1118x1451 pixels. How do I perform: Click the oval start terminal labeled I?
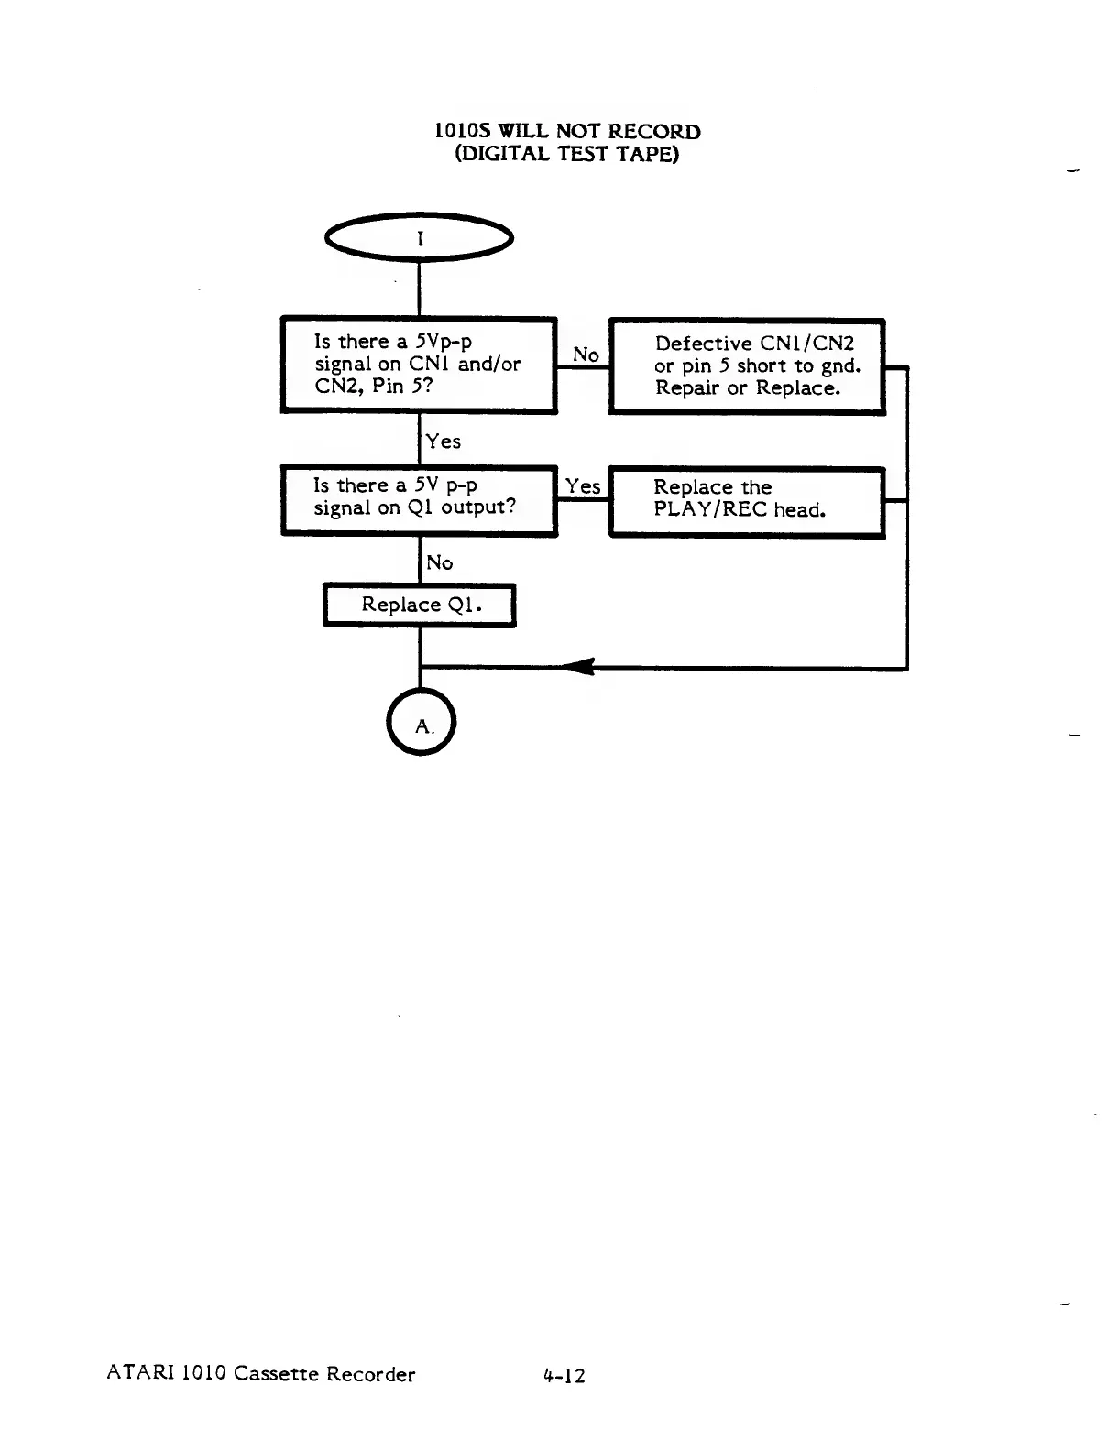point(419,238)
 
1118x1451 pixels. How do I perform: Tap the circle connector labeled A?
point(421,722)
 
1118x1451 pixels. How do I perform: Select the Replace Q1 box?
point(420,605)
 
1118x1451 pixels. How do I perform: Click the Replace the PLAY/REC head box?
point(747,501)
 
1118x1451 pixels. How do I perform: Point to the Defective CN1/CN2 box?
point(747,366)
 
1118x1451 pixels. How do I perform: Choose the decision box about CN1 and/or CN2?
point(419,364)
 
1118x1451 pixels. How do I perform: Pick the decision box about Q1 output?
point(419,499)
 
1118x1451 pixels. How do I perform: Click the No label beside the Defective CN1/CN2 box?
point(586,355)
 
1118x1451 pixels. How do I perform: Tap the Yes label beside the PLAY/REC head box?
point(583,486)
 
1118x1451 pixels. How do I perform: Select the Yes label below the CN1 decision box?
point(444,442)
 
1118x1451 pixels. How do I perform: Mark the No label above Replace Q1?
point(440,562)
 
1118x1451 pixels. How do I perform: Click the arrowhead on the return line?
point(579,667)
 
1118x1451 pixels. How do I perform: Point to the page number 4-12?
point(564,1375)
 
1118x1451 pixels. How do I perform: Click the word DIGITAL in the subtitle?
point(504,154)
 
